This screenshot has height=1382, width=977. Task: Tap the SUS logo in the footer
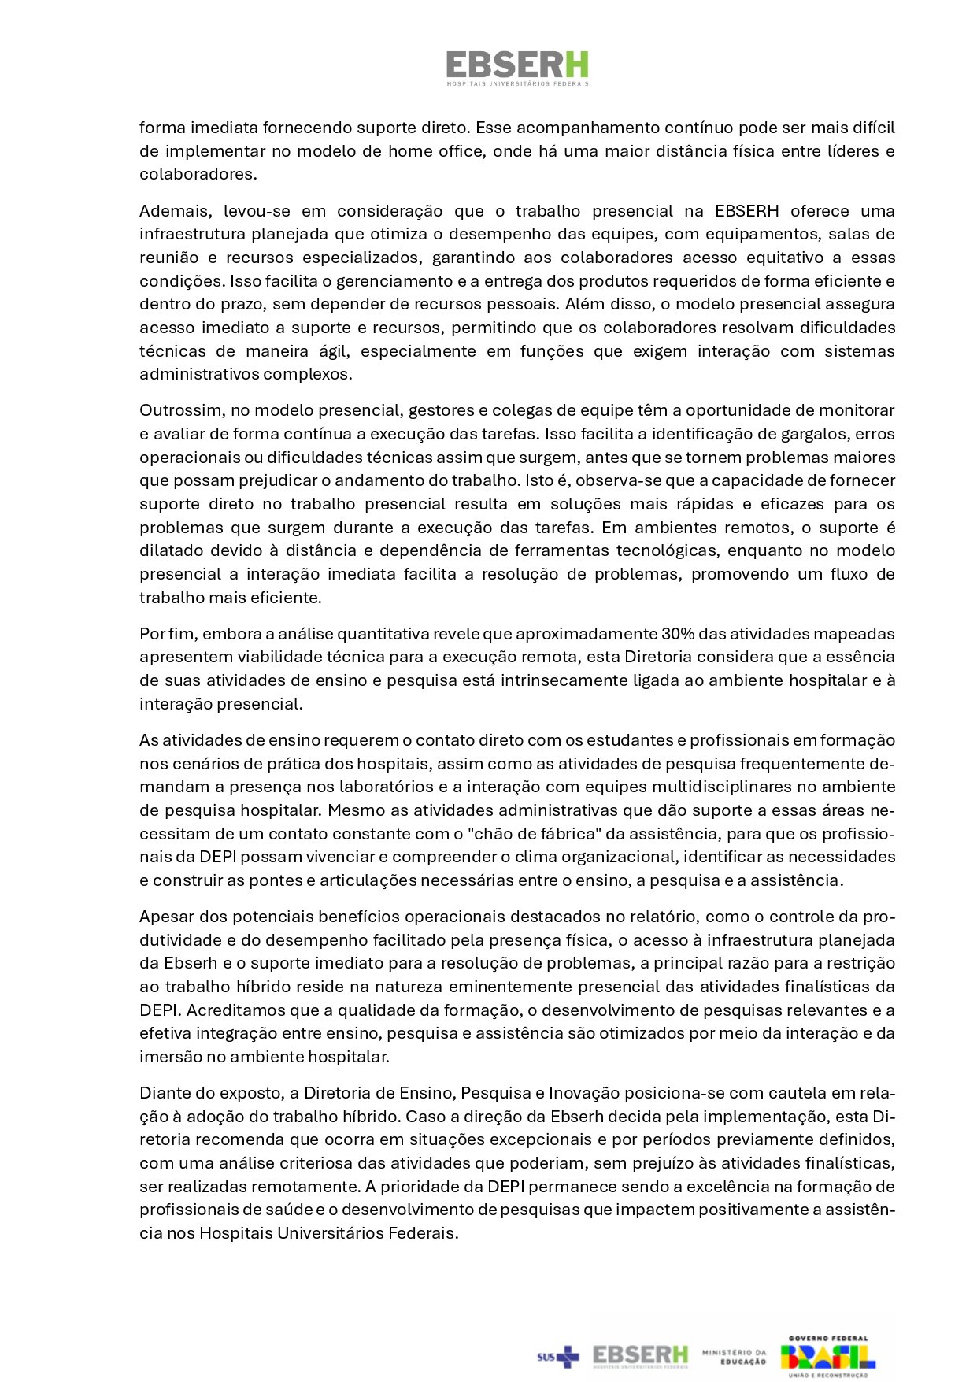pos(557,1356)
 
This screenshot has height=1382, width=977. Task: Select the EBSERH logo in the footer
pos(640,1356)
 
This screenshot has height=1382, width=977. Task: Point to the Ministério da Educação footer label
pos(734,1356)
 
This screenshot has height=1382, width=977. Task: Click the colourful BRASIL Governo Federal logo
pos(827,1356)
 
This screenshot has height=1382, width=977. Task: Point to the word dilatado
pos(171,550)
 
